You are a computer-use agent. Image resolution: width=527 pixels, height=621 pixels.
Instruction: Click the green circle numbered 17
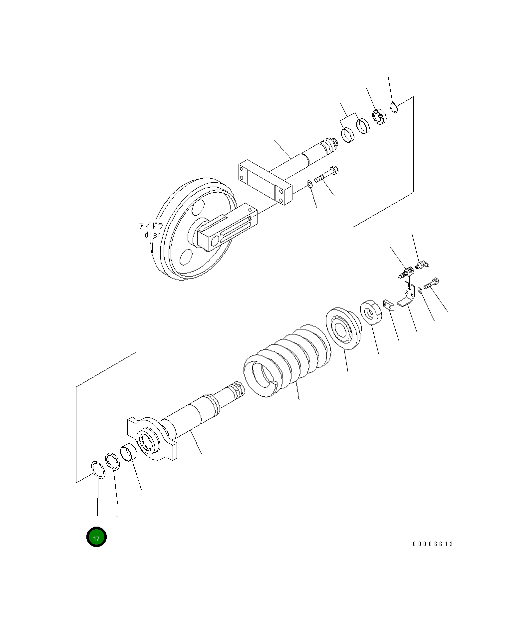pos(96,537)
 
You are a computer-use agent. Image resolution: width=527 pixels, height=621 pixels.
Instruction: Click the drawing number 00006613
pos(433,544)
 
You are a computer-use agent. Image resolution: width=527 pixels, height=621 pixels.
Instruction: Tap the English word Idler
pos(150,234)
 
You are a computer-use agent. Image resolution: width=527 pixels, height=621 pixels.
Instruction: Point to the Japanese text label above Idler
pos(151,226)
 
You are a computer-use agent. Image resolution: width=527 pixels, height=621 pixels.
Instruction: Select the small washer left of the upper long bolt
pos(310,183)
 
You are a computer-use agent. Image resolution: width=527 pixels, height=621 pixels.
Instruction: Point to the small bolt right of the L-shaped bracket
pos(432,283)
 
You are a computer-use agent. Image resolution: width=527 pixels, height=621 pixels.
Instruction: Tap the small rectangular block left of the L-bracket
pos(389,305)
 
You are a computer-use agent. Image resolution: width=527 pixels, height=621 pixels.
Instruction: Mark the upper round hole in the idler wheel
pos(199,207)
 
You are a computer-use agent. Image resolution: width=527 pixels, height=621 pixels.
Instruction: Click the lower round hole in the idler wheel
pos(185,257)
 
